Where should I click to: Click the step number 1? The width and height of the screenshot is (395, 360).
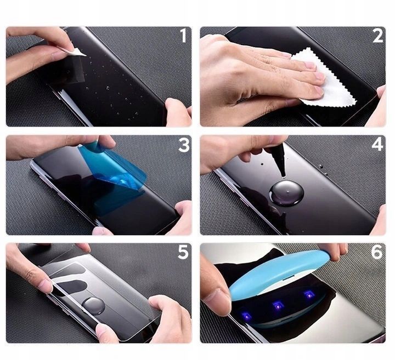pyautogui.click(x=183, y=36)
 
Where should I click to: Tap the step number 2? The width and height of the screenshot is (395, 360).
pyautogui.click(x=377, y=36)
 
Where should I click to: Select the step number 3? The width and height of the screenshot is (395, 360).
pyautogui.click(x=184, y=145)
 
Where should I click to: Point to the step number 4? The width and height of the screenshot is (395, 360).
pyautogui.click(x=377, y=145)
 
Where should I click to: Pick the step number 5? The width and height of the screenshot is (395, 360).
pyautogui.click(x=183, y=252)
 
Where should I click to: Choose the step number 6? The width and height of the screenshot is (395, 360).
pyautogui.click(x=377, y=252)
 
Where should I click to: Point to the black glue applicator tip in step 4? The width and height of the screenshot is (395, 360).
pyautogui.click(x=280, y=161)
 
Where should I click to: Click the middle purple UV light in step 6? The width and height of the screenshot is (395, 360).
pyautogui.click(x=278, y=306)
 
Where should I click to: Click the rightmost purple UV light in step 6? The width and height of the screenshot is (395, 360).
pyautogui.click(x=308, y=294)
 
